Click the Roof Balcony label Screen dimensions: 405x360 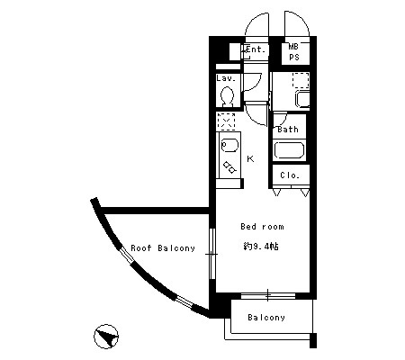[163, 248]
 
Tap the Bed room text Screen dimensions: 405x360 [262, 227]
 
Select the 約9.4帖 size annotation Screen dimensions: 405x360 [261, 247]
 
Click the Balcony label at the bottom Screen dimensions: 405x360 [266, 318]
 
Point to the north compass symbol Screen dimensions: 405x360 [106, 337]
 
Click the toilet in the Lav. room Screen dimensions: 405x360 [228, 96]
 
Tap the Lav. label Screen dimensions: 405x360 [226, 78]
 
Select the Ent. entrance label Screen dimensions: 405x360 [256, 49]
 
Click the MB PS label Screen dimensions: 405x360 [294, 52]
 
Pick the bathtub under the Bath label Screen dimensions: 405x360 [289, 150]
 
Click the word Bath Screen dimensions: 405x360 [288, 130]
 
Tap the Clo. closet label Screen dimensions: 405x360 [290, 175]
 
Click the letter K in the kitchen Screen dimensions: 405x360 [250, 158]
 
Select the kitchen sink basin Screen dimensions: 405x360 [229, 146]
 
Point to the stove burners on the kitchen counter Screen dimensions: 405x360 [229, 167]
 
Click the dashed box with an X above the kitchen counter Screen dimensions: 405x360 [226, 121]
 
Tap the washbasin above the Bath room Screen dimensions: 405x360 [302, 99]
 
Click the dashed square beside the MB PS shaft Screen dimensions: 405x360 [301, 80]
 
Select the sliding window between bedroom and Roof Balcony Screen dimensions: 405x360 [212, 254]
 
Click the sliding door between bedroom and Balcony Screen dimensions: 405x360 [268, 295]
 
